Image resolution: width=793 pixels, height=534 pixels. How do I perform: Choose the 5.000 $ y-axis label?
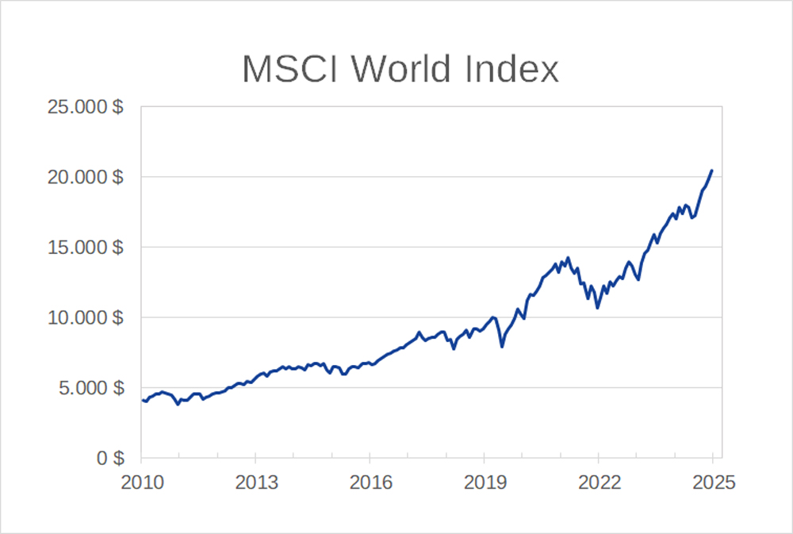pyautogui.click(x=90, y=389)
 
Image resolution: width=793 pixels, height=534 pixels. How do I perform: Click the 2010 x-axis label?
pyautogui.click(x=141, y=482)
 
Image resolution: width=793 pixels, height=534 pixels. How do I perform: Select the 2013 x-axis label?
pyautogui.click(x=255, y=482)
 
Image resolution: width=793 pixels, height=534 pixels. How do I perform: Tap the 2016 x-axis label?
pyautogui.click(x=370, y=482)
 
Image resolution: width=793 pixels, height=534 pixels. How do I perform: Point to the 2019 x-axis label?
pyautogui.click(x=484, y=482)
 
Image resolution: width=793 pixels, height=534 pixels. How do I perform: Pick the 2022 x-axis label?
pyautogui.click(x=598, y=482)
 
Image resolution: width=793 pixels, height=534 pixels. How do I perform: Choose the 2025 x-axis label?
pyautogui.click(x=712, y=482)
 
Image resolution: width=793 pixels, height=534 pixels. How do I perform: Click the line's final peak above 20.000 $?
pyautogui.click(x=712, y=171)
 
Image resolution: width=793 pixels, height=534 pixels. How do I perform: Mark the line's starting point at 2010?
pyautogui.click(x=142, y=400)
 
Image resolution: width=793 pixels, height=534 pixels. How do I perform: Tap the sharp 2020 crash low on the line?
pyautogui.click(x=502, y=347)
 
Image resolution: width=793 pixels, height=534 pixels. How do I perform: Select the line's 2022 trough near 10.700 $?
pyautogui.click(x=597, y=307)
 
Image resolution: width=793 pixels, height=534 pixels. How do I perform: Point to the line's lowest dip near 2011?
pyautogui.click(x=178, y=405)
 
